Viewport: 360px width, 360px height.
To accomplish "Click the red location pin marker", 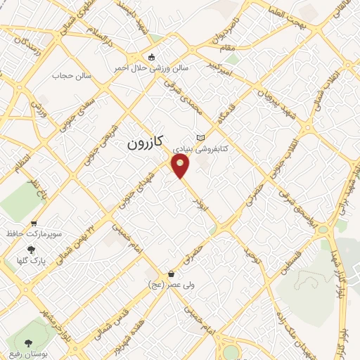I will tap(182, 165).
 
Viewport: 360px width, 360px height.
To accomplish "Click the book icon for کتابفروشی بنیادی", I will tap(202, 138).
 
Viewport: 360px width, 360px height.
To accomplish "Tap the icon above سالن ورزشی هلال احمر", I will tap(151, 57).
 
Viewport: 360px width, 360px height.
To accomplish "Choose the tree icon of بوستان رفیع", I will tap(29, 344).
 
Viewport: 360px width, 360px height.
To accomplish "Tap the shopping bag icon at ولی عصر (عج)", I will tap(171, 274).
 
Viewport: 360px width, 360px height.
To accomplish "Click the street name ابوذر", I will tap(199, 201).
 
